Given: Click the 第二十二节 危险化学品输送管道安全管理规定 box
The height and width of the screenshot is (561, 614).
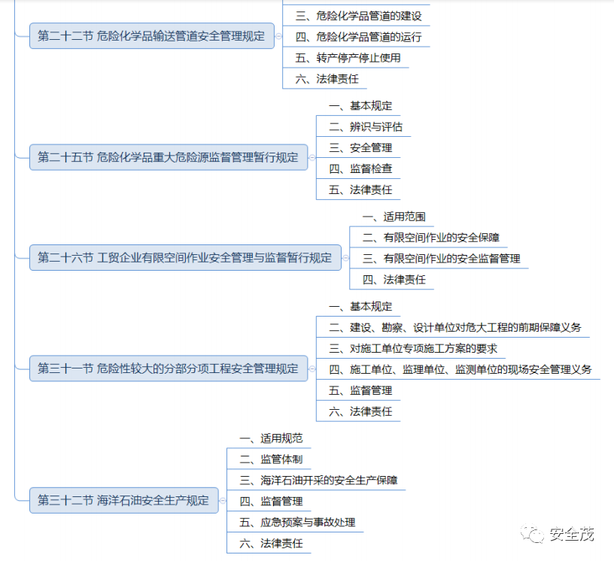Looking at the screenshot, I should (151, 35).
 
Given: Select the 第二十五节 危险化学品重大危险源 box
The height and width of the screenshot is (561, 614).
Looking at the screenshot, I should (168, 157).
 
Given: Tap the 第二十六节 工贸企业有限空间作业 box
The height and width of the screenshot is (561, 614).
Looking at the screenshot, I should (184, 257).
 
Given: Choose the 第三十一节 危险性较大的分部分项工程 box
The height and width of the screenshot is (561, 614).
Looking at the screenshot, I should (168, 368).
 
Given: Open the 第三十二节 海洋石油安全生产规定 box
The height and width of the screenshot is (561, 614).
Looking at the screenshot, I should (123, 500).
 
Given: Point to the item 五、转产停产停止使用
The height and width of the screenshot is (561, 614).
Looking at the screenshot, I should (348, 58).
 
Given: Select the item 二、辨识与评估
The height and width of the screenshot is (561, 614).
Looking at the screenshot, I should (366, 127).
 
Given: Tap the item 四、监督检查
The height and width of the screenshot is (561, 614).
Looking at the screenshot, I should (360, 169).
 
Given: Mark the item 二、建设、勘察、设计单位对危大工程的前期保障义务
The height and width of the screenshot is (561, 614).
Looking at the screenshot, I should (455, 328).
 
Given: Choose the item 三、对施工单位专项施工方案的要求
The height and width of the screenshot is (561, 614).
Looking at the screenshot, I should (413, 349).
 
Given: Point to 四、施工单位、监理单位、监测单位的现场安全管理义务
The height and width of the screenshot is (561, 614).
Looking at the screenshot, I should (460, 369).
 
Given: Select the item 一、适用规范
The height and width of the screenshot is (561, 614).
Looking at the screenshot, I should (271, 438).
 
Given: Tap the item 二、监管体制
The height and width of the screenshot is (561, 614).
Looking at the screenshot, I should (271, 459).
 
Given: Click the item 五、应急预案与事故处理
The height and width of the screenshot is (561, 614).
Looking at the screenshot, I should (297, 522).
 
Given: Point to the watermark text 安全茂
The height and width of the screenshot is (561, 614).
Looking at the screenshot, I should (572, 534).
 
